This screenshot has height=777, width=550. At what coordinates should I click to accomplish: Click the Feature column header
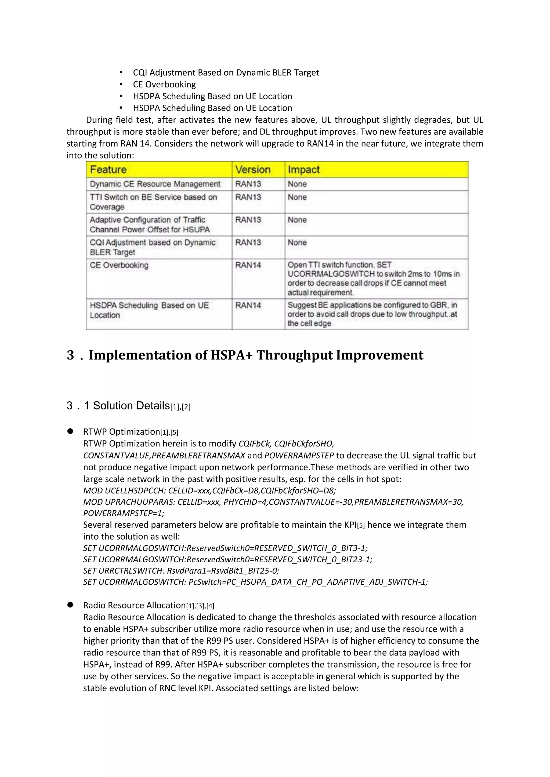click(x=108, y=170)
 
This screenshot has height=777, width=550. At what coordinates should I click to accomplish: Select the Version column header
click(x=253, y=170)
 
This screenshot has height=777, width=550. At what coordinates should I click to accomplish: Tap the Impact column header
click(x=303, y=170)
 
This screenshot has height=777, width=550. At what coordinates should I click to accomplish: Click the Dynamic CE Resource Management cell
click(x=155, y=184)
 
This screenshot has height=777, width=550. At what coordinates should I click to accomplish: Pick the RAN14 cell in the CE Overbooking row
click(x=248, y=265)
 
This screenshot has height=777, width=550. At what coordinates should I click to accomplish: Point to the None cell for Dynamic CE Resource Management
click(x=297, y=184)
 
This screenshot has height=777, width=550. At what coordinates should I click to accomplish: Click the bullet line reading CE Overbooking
click(x=164, y=84)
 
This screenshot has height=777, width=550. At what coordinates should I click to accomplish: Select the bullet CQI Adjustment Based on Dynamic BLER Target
click(x=226, y=72)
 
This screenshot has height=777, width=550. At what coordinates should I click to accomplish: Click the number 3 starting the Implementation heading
click(x=70, y=355)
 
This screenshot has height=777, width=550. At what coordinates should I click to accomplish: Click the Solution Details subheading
click(x=131, y=405)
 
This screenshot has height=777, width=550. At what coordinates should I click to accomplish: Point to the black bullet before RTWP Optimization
click(x=70, y=431)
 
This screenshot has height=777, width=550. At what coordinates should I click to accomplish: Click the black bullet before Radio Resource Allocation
click(x=70, y=605)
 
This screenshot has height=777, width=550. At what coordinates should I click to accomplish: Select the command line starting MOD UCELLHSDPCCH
click(x=209, y=490)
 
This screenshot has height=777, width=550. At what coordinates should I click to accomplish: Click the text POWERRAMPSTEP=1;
click(x=124, y=513)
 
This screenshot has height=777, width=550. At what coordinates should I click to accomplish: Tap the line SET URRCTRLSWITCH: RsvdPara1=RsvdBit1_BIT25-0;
click(x=181, y=571)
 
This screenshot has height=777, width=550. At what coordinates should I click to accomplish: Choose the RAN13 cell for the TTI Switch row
click(x=248, y=197)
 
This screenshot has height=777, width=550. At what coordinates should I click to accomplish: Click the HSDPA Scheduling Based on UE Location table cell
click(x=149, y=310)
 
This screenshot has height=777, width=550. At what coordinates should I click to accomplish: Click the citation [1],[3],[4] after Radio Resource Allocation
click(x=200, y=606)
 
